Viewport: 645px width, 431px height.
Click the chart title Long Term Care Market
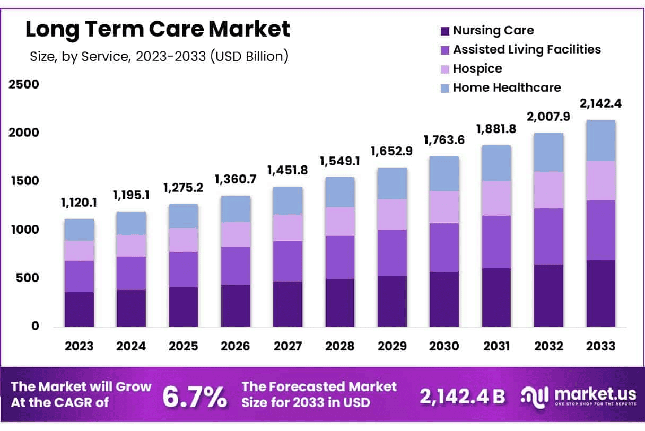click(158, 30)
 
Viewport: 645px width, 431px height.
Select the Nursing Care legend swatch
click(444, 31)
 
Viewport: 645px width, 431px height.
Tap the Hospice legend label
click(477, 69)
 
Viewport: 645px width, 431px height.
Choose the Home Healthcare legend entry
click(507, 88)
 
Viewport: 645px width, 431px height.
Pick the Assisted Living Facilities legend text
click(527, 50)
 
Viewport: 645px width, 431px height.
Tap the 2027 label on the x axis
click(287, 346)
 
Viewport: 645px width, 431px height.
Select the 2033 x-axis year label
click(600, 346)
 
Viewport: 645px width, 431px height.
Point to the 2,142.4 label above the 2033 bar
click(601, 103)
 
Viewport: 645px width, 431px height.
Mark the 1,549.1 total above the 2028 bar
click(340, 161)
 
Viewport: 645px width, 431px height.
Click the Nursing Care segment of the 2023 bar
click(80, 309)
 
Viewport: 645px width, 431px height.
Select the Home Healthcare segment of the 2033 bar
click(600, 140)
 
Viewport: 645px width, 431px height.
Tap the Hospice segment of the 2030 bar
click(444, 207)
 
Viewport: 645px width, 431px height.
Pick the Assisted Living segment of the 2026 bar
click(236, 266)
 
